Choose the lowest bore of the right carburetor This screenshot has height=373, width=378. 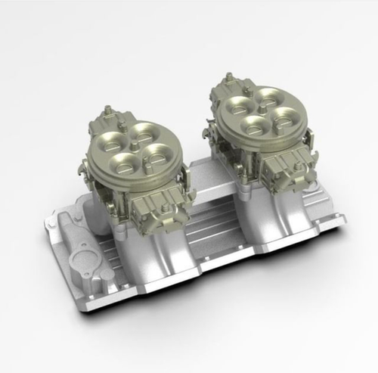[x=249, y=123]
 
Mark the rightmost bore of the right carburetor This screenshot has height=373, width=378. [x=281, y=115]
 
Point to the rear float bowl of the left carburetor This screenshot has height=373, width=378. [x=103, y=121]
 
